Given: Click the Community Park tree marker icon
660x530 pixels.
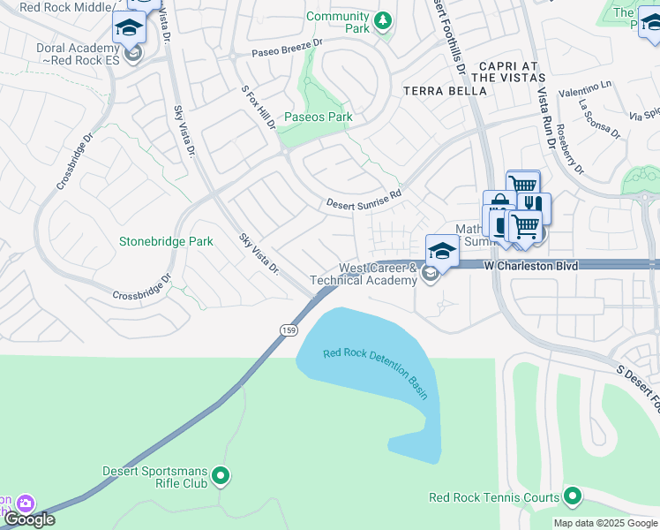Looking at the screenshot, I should (382, 19).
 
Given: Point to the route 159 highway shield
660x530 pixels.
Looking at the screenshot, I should (289, 329).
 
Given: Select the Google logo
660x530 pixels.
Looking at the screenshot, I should (28, 519).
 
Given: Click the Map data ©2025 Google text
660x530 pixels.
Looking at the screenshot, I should (604, 523).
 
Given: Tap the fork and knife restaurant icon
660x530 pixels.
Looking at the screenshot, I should (532, 203).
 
